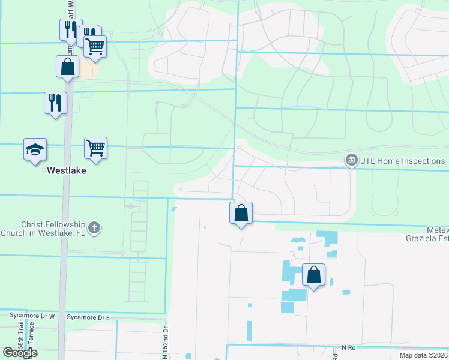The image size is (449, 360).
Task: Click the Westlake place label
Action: (66, 170)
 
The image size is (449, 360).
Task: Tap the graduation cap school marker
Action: (35, 149)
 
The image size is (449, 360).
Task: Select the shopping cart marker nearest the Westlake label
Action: (95, 148)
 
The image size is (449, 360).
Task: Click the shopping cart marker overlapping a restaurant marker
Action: (95, 46)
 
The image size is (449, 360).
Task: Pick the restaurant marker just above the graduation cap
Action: (55, 103)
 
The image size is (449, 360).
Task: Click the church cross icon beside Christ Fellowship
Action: (93, 227)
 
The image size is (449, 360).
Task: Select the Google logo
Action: (20, 353)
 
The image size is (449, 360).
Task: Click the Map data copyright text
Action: (424, 355)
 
